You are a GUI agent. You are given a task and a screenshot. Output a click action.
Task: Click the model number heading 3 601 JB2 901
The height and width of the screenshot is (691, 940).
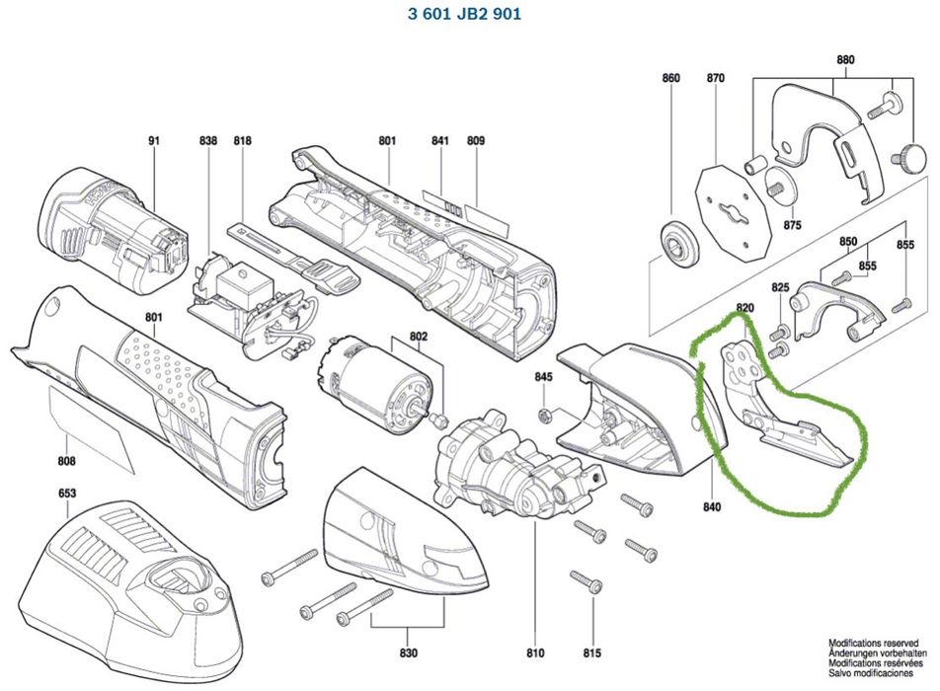tap(463, 14)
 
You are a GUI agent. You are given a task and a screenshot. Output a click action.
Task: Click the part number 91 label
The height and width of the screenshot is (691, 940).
tap(153, 141)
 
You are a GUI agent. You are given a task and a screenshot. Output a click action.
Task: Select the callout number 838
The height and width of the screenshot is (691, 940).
tap(207, 141)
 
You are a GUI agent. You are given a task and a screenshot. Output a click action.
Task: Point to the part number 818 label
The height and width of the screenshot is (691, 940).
tap(243, 141)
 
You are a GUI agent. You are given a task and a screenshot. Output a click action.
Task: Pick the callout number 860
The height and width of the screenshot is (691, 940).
tap(671, 78)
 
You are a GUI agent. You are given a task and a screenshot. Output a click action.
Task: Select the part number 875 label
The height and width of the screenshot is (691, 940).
tap(792, 225)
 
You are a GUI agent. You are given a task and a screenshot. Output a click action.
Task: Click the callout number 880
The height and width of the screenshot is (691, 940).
tap(845, 59)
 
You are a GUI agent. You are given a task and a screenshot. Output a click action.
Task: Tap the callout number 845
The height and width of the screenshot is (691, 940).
tap(544, 377)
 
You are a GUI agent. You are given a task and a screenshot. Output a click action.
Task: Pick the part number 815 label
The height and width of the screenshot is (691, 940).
tap(591, 653)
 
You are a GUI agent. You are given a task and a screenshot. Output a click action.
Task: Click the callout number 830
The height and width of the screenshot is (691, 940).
tap(409, 653)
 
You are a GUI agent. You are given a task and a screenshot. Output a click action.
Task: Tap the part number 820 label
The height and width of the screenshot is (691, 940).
tap(744, 308)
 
